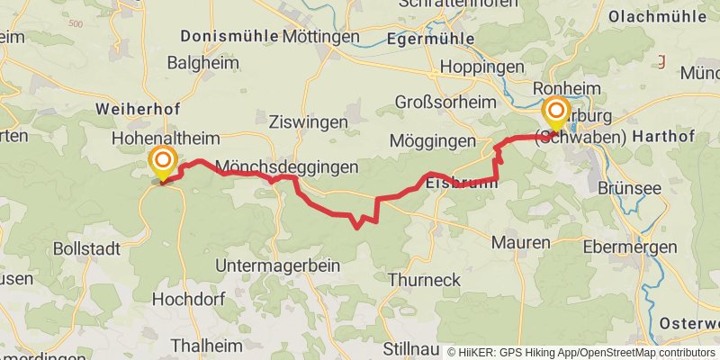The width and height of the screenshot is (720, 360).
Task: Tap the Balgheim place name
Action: point(202,63)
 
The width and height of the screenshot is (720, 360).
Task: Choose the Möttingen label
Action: point(320,37)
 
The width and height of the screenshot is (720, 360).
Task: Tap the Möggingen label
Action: point(433,141)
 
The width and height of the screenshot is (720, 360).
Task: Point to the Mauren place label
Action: point(520,243)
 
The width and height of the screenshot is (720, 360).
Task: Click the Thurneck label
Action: point(424,280)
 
